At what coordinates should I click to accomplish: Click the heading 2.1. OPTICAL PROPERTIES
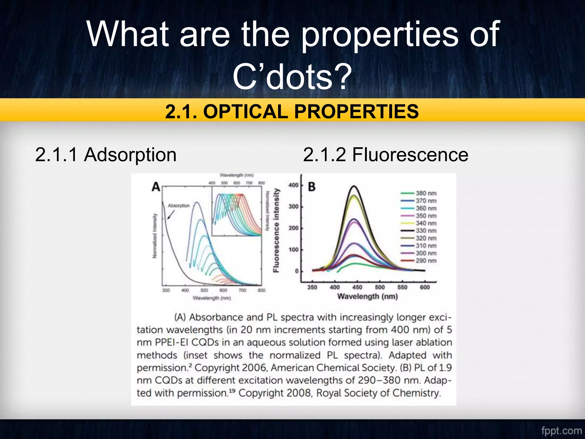[292, 111]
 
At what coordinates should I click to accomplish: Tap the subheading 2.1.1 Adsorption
[106, 155]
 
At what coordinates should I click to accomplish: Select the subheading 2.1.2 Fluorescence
[385, 155]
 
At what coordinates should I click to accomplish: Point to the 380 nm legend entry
[426, 193]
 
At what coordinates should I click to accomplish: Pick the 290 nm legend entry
[426, 261]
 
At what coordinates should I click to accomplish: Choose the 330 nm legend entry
[426, 231]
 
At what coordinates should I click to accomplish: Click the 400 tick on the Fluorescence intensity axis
[293, 185]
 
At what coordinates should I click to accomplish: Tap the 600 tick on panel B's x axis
[425, 287]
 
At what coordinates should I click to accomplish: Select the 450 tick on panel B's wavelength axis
[357, 287]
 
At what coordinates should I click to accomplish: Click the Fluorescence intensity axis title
[276, 230]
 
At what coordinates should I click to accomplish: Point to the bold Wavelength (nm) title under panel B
[367, 296]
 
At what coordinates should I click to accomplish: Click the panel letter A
[156, 187]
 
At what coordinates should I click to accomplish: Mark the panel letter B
[312, 187]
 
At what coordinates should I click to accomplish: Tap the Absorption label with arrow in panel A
[179, 206]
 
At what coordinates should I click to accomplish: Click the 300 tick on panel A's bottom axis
[166, 290]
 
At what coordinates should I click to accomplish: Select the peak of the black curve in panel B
[354, 186]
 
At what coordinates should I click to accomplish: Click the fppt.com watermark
[561, 430]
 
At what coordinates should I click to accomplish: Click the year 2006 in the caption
[254, 368]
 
